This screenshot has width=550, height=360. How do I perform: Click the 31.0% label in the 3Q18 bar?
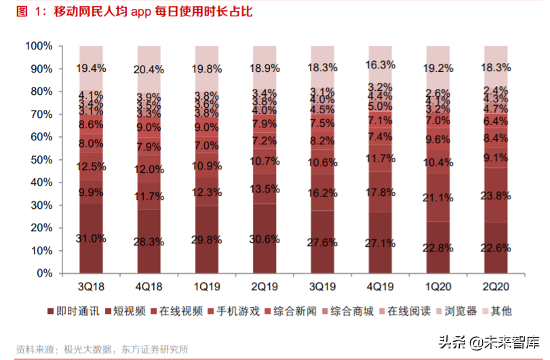pos(91,239)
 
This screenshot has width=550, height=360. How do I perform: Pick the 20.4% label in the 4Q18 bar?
pos(149,69)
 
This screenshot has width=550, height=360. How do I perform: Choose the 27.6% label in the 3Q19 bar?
pos(323,242)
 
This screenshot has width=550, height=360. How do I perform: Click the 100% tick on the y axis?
pos(39,46)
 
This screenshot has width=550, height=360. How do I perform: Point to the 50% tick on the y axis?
pos(41,159)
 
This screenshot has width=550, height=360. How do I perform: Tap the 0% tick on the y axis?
pos(44,273)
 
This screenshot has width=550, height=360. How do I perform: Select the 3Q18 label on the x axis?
pos(91,286)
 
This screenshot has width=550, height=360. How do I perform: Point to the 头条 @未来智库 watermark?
pos(487,343)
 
